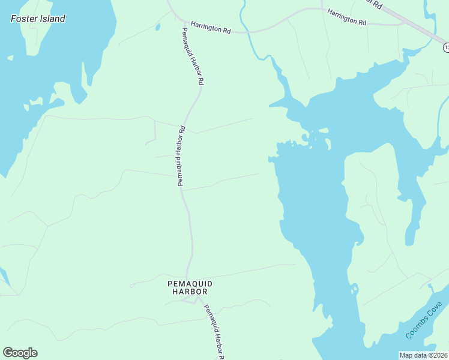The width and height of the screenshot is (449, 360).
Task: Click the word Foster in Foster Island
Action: [x=24, y=19]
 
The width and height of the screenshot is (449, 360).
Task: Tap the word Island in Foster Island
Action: [x=52, y=19]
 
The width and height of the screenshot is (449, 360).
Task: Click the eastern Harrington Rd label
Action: [x=346, y=17]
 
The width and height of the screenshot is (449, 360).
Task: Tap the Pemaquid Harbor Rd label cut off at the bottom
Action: [x=213, y=332]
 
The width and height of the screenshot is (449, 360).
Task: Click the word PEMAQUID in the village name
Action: [x=190, y=283]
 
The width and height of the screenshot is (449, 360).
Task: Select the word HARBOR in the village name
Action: [x=190, y=292]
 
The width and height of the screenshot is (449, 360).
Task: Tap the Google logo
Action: [x=20, y=353]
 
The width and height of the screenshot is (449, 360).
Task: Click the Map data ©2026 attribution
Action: [x=424, y=355]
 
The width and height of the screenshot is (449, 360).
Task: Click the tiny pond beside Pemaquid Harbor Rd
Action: [x=157, y=26]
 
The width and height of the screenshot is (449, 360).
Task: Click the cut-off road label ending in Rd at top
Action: [x=375, y=4]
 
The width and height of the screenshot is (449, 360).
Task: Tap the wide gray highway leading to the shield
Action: [x=414, y=25]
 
